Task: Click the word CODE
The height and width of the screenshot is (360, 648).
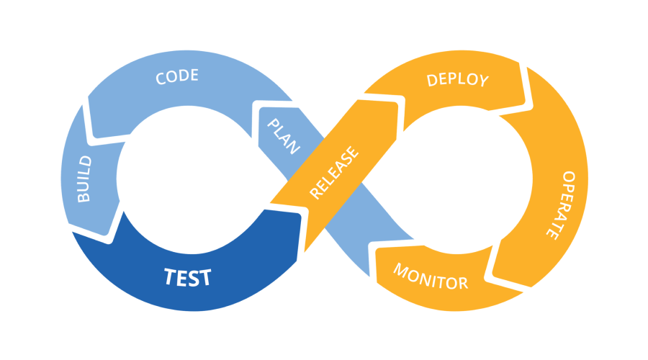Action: click(x=177, y=76)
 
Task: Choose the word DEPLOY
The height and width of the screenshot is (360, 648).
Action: click(x=457, y=79)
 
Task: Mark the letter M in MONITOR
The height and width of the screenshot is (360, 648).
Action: click(x=400, y=269)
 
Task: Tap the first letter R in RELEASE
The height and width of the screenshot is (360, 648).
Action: click(x=315, y=193)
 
